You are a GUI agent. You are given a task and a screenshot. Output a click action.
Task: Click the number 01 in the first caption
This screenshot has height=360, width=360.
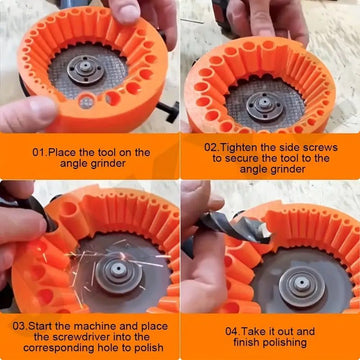tap(39, 152)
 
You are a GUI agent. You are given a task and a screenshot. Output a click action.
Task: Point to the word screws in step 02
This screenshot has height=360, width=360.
tap(318, 146)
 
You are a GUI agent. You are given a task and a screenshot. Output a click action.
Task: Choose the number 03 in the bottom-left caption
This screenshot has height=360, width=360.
tap(20, 326)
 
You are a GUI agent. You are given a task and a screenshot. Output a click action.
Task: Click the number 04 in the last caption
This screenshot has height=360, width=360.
tap(233, 331)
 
